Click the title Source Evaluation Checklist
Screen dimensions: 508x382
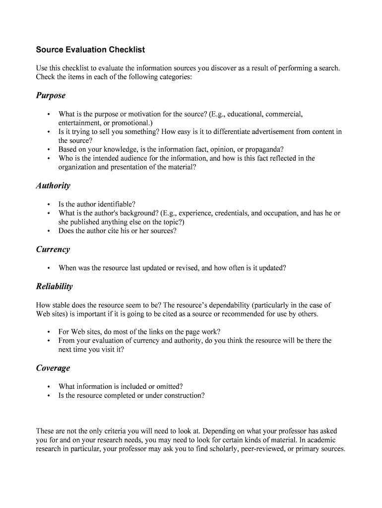[90, 50]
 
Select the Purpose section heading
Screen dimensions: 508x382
[51, 95]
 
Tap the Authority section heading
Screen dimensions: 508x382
[53, 186]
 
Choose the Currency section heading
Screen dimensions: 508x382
[53, 250]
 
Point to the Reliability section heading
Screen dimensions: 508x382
[54, 286]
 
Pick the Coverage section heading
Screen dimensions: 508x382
[53, 368]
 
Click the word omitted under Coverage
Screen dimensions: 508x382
[169, 386]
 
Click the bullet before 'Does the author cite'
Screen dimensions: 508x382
[48, 231]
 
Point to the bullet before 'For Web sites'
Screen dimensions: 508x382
[48, 332]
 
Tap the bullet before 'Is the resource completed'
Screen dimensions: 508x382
[48, 396]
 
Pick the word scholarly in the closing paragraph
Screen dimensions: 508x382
[221, 449]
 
